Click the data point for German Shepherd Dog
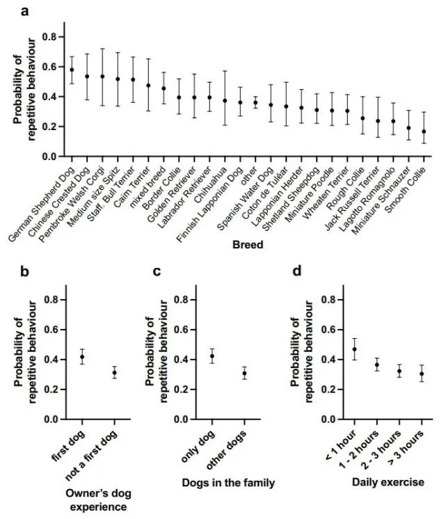click(72, 70)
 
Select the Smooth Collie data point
click(424, 131)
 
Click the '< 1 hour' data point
click(355, 349)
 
